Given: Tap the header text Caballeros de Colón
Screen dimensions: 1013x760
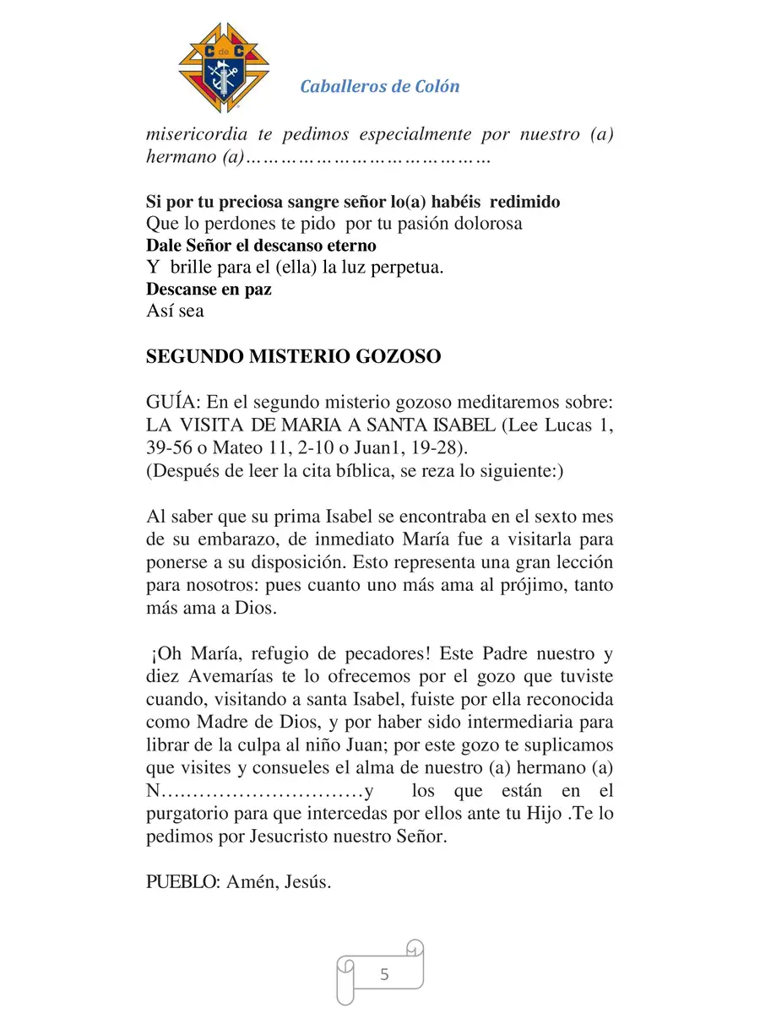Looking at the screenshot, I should click(380, 86).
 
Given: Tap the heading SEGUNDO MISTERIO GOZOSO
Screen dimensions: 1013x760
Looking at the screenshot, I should click(293, 356).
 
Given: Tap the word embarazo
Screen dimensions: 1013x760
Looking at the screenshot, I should click(231, 539).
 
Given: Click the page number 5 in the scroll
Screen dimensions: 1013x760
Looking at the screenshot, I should click(385, 974).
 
